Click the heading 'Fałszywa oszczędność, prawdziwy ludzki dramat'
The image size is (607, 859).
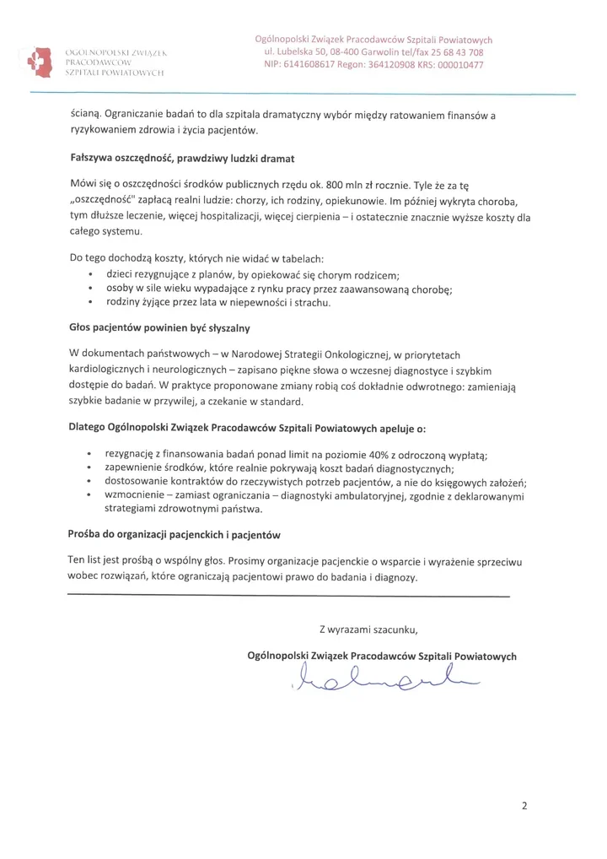coord(181,158)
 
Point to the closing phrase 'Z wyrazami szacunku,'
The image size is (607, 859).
coord(368,629)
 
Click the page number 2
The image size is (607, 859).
coord(524,806)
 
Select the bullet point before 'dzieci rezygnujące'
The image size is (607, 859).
coord(90,275)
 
